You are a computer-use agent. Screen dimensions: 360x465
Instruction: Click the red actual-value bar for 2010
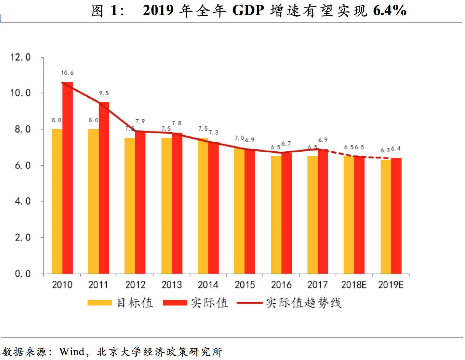(x=67, y=178)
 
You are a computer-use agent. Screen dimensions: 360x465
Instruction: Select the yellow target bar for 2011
(x=93, y=202)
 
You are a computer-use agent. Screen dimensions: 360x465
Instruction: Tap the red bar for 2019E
(x=396, y=215)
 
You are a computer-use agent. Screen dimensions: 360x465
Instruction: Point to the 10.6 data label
(x=67, y=73)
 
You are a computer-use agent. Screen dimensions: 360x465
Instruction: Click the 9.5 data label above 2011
(x=104, y=93)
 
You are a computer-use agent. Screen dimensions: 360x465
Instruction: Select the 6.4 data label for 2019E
(x=396, y=149)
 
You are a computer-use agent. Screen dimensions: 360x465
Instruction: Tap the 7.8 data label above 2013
(x=177, y=123)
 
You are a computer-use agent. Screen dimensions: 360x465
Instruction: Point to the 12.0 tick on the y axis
(x=21, y=57)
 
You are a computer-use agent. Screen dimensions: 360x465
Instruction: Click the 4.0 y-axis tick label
(x=23, y=201)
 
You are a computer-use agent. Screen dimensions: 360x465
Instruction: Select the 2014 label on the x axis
(x=208, y=285)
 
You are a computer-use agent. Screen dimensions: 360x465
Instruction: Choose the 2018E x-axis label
(x=354, y=285)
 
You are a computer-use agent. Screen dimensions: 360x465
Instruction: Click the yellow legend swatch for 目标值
(x=100, y=303)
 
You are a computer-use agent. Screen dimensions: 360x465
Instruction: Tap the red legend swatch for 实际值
(x=175, y=303)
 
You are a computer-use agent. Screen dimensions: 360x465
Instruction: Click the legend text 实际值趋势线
(x=304, y=303)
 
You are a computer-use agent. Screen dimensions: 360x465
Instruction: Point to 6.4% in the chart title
(x=389, y=11)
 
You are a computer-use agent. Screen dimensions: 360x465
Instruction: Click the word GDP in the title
(x=248, y=11)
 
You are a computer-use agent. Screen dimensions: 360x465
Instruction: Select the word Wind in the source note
(x=72, y=351)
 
